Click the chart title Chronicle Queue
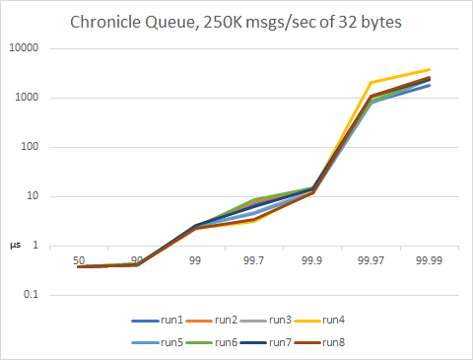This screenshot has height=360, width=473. pyautogui.click(x=236, y=23)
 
